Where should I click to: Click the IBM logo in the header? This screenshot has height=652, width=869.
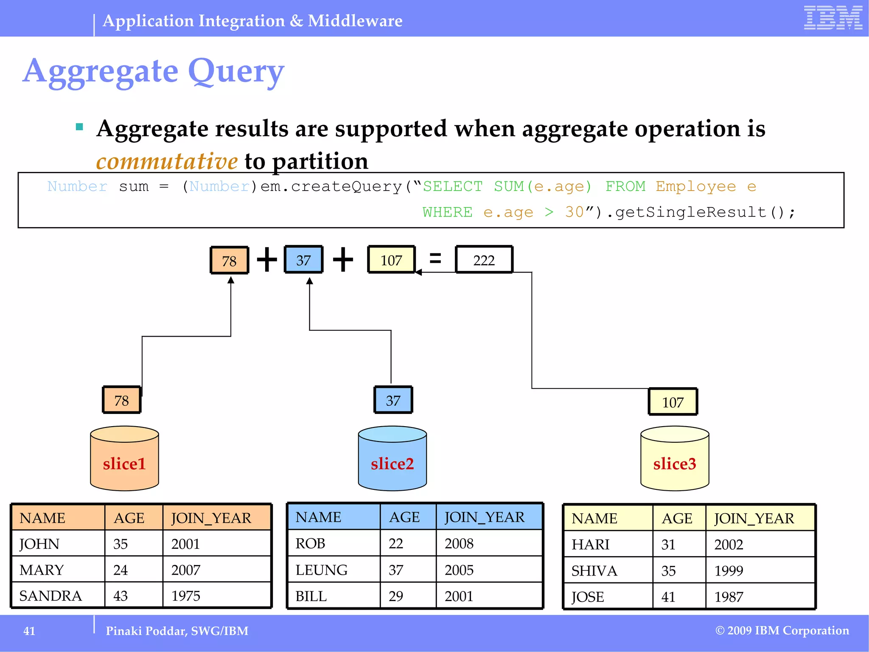click(833, 18)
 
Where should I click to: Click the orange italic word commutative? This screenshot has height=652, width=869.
click(167, 161)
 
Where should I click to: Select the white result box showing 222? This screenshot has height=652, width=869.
click(484, 260)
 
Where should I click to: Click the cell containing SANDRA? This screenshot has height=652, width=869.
click(51, 596)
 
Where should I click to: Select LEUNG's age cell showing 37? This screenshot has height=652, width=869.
click(396, 570)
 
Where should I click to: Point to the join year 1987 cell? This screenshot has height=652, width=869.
click(729, 597)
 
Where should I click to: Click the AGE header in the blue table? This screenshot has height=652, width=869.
click(404, 517)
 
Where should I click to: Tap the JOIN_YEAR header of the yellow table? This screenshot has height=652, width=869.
click(754, 518)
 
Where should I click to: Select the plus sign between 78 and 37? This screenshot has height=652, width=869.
click(267, 259)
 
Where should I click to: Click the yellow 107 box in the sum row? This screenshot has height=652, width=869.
click(391, 260)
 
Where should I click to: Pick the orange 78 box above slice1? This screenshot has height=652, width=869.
click(121, 400)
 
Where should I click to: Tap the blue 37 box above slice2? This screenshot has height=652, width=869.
click(393, 400)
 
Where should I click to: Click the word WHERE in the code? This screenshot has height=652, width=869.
click(447, 212)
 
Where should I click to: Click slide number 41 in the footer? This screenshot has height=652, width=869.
click(29, 631)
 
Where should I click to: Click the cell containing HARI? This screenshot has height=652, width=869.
click(590, 544)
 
